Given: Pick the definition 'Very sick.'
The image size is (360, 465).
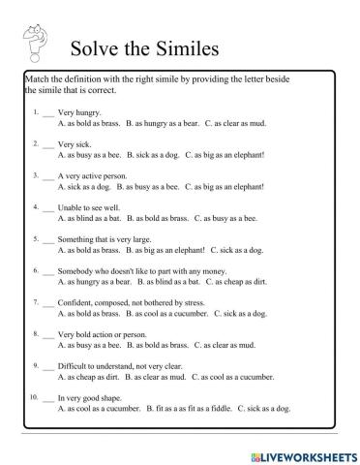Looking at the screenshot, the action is pyautogui.click(x=75, y=144).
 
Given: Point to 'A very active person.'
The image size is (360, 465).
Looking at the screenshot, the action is pyautogui.click(x=94, y=175).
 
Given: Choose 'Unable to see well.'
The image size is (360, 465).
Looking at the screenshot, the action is pyautogui.click(x=92, y=206).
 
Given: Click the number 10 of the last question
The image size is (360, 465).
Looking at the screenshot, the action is pyautogui.click(x=33, y=396).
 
